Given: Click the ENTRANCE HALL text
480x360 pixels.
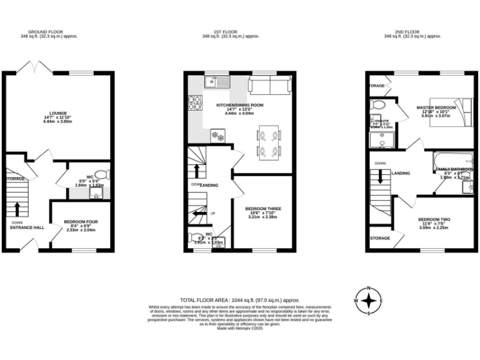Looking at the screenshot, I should [27, 227].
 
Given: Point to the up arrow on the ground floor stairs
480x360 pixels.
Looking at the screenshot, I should [17, 208].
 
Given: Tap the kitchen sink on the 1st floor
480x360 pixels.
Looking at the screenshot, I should [219, 81].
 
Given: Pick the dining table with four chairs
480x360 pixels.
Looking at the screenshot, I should [269, 142].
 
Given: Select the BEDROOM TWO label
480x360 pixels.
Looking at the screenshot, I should [434, 219].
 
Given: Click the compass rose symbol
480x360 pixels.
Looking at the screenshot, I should [369, 301].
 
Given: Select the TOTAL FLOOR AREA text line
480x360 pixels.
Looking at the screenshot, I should [239, 301].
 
